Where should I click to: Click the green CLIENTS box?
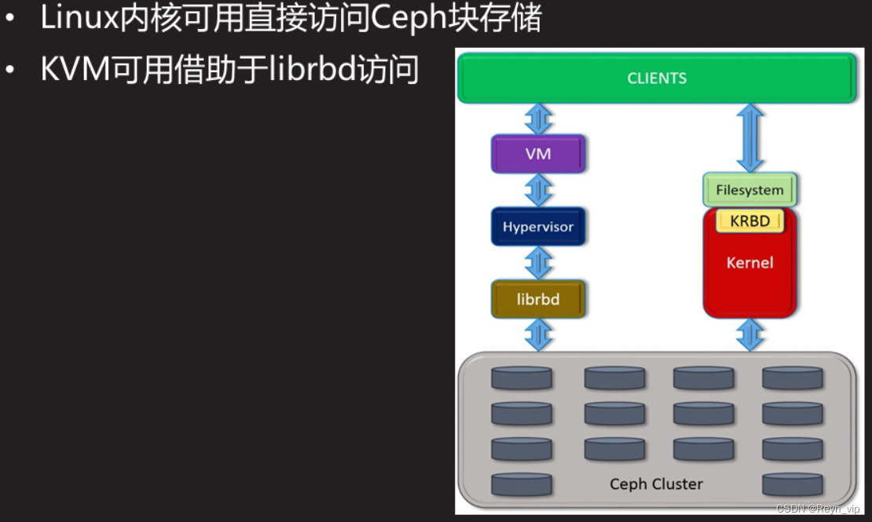point(657,78)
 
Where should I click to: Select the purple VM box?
point(538,154)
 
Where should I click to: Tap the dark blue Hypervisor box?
point(538,227)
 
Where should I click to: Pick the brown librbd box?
point(538,299)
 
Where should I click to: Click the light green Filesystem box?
point(749,190)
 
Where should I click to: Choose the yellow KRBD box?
point(749,221)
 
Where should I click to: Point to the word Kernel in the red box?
point(749,262)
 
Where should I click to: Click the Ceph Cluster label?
point(656,484)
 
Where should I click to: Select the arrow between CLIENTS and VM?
point(538,119)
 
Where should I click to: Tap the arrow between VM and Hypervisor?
point(538,190)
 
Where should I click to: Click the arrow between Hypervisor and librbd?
point(538,263)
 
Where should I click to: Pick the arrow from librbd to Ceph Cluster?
point(538,335)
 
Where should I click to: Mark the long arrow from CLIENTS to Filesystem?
point(750,137)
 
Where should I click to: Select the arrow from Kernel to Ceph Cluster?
point(750,335)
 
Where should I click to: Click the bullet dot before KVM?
point(10,71)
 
